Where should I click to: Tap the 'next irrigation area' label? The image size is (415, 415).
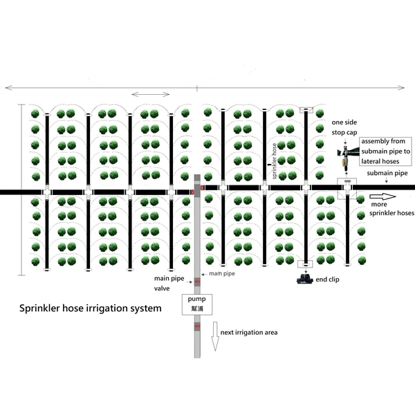249,333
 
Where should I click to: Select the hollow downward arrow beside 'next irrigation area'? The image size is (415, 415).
215,336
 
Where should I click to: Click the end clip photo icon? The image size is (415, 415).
304,279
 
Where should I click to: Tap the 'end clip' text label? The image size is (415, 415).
328,279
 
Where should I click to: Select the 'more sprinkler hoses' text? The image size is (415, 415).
391,209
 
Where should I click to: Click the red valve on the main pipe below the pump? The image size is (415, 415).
196,324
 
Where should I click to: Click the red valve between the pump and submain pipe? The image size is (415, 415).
196,282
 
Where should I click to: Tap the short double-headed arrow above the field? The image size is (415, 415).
150,94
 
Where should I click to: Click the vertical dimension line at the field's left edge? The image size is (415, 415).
21,190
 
